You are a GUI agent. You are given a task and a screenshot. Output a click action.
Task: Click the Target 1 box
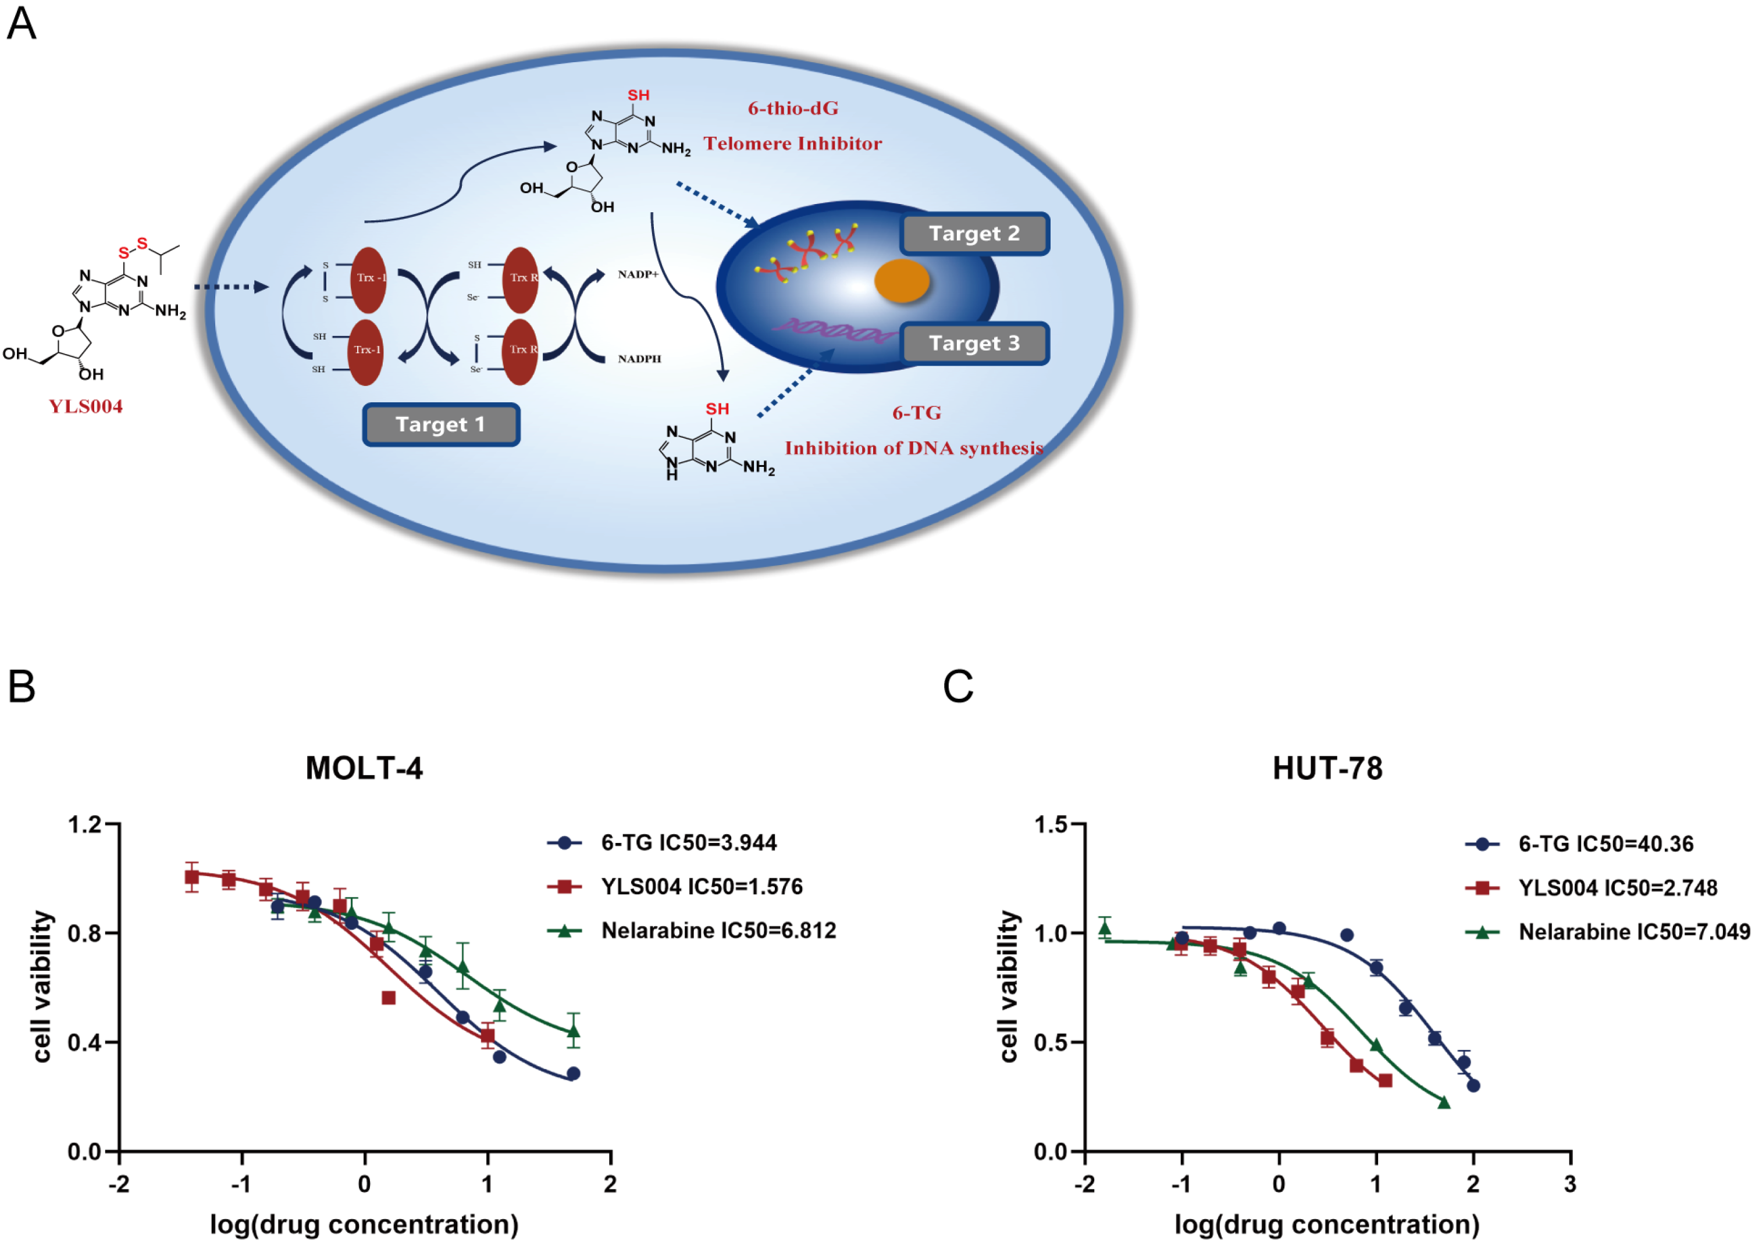pos(440,425)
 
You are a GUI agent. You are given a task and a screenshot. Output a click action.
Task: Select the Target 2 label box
pos(974,234)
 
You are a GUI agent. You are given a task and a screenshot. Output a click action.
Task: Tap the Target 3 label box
pos(974,343)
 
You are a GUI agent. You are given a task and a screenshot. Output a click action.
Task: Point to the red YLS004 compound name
pos(86,406)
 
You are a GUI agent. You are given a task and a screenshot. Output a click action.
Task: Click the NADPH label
pos(639,359)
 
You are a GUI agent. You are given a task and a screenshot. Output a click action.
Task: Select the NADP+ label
pos(638,274)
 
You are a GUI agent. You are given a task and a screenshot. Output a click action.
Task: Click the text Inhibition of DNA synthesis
pos(913,448)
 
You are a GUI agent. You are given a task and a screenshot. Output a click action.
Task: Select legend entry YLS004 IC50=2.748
pos(1617,888)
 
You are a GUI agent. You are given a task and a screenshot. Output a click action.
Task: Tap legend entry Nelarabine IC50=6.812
pos(718,931)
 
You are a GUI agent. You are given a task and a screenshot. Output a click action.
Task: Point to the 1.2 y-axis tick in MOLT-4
pos(84,824)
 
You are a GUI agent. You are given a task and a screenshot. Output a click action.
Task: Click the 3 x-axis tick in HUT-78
pos(1569,1184)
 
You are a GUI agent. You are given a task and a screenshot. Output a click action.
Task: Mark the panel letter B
pos(22,687)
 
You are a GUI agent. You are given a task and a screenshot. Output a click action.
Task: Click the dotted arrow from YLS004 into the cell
pos(230,287)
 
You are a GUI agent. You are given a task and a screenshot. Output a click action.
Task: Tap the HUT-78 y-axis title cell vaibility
pos(1009,987)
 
